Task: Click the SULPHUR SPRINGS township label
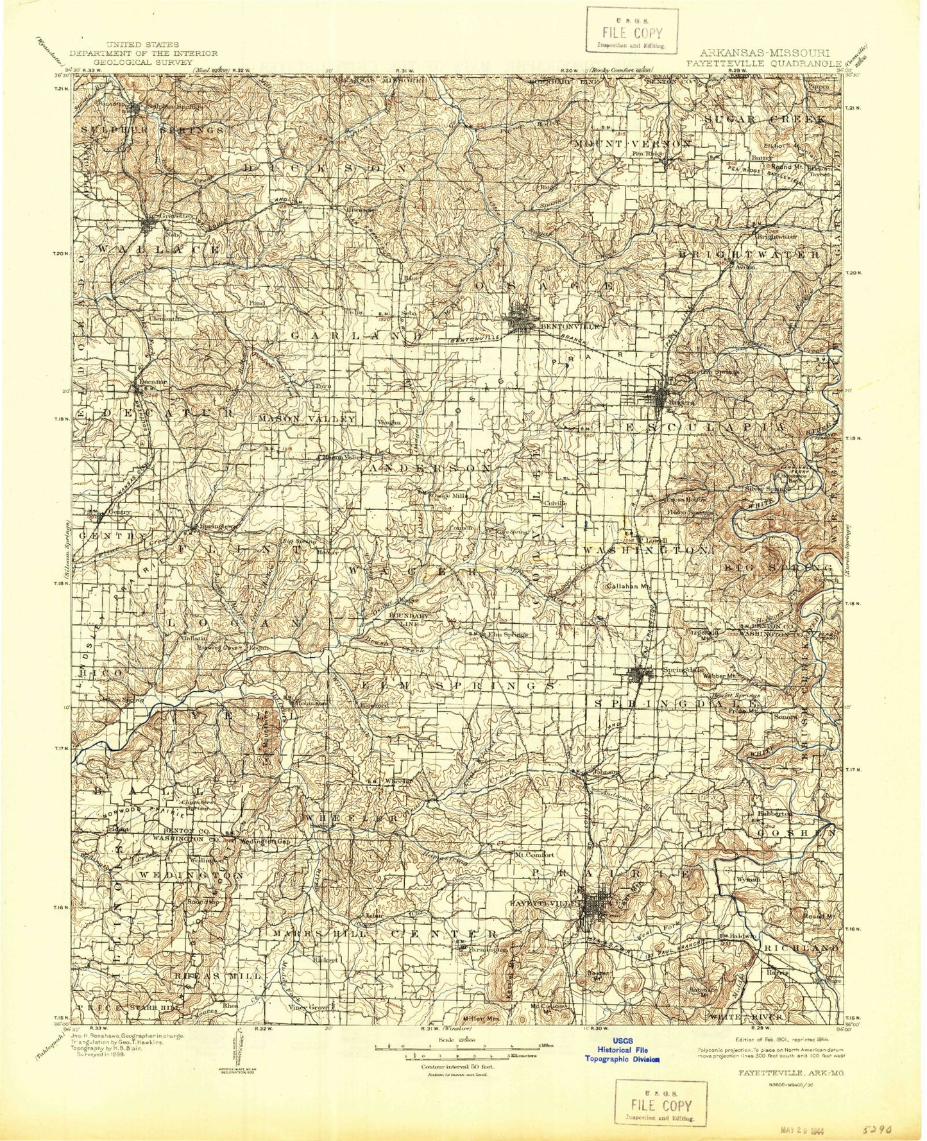(x=153, y=130)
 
